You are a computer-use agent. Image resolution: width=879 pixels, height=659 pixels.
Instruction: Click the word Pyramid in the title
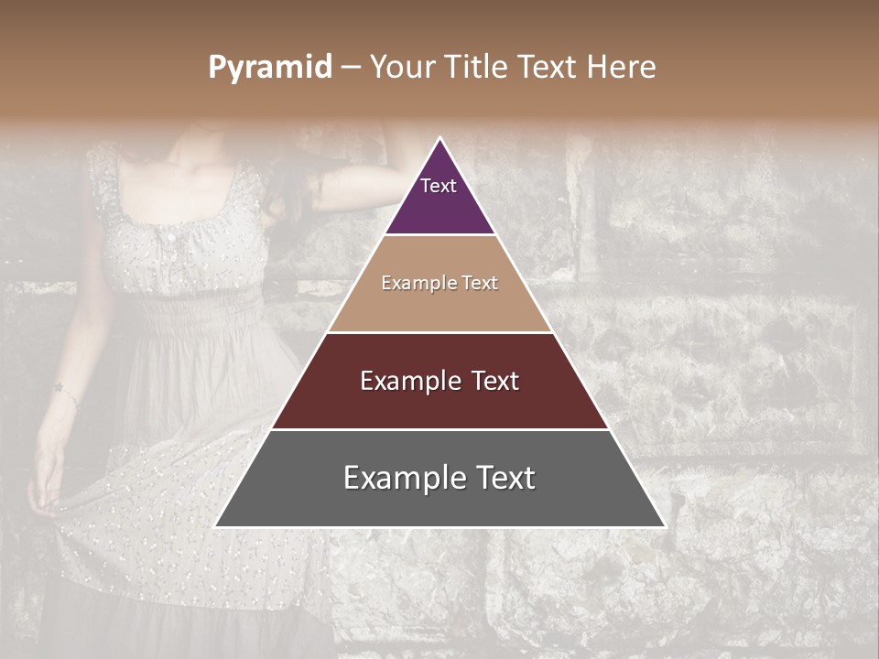tap(270, 68)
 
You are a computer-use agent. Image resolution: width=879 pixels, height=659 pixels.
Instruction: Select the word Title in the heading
tap(480, 67)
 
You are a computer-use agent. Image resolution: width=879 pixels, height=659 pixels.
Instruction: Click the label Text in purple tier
tap(439, 186)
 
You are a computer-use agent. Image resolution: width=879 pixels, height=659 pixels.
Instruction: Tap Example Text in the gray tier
tap(439, 478)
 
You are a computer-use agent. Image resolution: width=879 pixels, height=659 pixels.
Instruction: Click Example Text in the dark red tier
tap(439, 381)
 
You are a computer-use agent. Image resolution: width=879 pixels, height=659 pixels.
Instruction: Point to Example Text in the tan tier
tap(439, 283)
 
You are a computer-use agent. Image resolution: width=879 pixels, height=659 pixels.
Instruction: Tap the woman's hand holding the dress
tap(44, 494)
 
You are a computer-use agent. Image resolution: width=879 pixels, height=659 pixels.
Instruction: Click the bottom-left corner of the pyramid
tap(215, 526)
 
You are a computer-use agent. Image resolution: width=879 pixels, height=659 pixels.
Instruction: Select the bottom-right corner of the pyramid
tap(665, 526)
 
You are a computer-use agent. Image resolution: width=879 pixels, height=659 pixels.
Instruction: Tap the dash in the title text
tap(351, 68)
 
